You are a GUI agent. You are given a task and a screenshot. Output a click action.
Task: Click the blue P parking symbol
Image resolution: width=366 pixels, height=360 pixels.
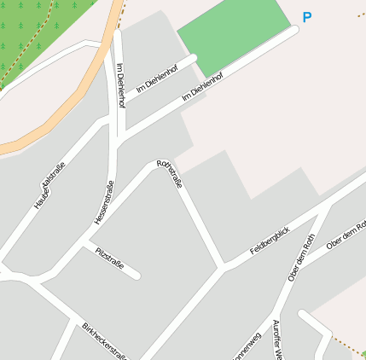(307, 17)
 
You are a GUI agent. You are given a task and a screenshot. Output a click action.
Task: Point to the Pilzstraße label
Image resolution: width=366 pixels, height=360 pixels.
(110, 259)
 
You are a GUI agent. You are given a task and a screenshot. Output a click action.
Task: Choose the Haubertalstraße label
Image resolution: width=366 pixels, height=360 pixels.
(49, 189)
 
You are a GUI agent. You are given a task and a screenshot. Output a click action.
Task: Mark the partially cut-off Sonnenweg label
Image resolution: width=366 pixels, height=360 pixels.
(245, 346)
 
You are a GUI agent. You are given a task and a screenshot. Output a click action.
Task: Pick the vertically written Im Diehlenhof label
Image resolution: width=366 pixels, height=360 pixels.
(121, 85)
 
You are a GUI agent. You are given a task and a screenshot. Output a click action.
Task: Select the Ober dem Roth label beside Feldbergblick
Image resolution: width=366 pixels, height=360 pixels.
(302, 257)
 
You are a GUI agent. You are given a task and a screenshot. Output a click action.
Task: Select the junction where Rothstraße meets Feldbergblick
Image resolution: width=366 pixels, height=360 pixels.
(223, 269)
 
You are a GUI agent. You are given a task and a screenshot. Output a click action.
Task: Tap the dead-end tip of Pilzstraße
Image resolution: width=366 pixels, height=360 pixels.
(137, 276)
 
